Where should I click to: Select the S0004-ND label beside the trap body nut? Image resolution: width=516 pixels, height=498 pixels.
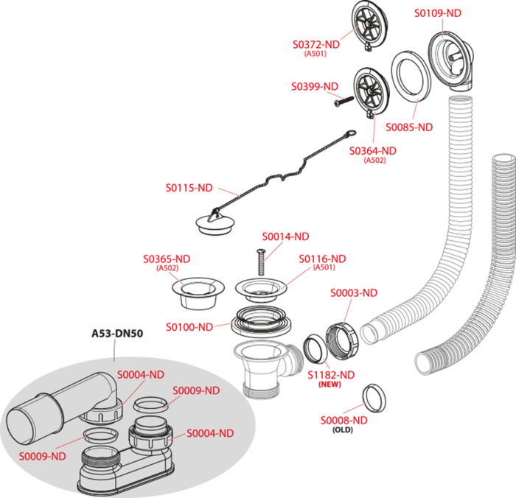(210, 433)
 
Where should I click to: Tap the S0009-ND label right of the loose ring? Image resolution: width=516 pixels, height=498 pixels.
(196, 390)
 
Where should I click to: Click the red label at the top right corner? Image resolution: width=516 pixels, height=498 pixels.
(438, 13)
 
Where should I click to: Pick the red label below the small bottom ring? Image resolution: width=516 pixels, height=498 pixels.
(344, 420)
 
